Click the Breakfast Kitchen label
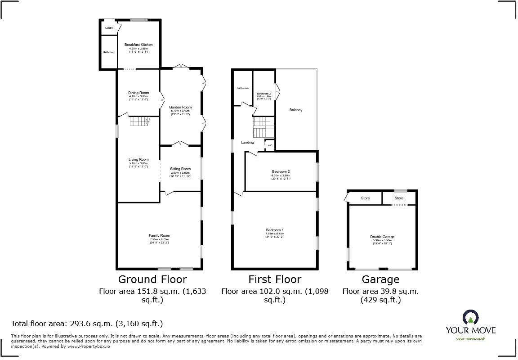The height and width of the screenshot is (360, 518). (138, 45)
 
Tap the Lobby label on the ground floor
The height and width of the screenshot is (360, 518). (109, 28)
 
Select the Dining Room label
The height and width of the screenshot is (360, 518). (138, 93)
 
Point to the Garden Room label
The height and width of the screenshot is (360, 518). (180, 107)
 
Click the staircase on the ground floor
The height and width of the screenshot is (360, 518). (139, 121)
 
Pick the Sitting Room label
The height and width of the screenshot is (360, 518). (180, 169)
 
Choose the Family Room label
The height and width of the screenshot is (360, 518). (159, 235)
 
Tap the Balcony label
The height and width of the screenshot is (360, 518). (296, 110)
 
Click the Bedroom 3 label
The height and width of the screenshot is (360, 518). (264, 93)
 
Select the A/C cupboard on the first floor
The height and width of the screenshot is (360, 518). (270, 145)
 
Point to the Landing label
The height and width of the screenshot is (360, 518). (247, 142)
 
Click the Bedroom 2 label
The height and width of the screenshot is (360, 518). (281, 171)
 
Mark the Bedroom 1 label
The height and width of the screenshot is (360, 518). (274, 230)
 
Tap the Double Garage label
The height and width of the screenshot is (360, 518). (382, 237)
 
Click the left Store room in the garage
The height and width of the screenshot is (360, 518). (365, 198)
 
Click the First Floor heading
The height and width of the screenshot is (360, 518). (275, 279)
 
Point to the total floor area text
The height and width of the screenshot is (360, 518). (87, 324)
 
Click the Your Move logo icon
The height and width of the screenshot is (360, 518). (470, 318)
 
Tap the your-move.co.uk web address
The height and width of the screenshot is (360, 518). (470, 338)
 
